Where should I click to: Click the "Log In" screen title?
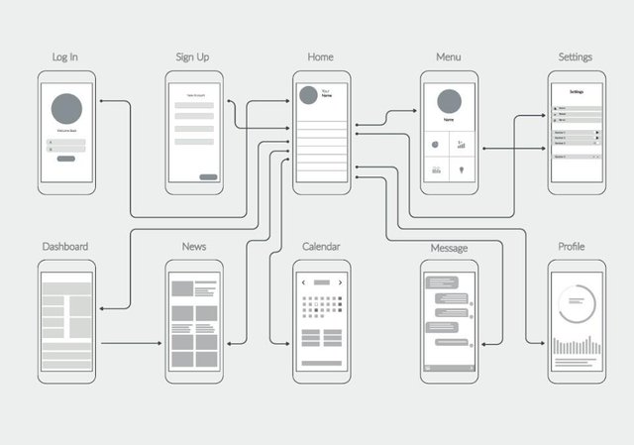click(65, 56)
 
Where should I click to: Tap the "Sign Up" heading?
click(192, 56)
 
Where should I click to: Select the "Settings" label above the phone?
click(576, 56)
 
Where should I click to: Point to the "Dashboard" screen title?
click(65, 246)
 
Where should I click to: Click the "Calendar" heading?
click(320, 246)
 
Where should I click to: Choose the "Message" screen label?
click(449, 247)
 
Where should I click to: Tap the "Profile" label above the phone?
click(572, 246)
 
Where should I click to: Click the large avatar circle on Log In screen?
click(66, 108)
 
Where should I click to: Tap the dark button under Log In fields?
click(66, 158)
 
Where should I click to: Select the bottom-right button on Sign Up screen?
click(208, 177)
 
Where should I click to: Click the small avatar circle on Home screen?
click(308, 94)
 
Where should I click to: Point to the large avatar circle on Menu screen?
click(449, 102)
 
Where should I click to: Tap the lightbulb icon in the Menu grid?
click(462, 170)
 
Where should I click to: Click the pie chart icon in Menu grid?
click(436, 145)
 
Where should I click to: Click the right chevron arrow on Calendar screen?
click(340, 282)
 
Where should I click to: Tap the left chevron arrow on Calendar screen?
click(303, 282)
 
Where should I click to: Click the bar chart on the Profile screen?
click(576, 346)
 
